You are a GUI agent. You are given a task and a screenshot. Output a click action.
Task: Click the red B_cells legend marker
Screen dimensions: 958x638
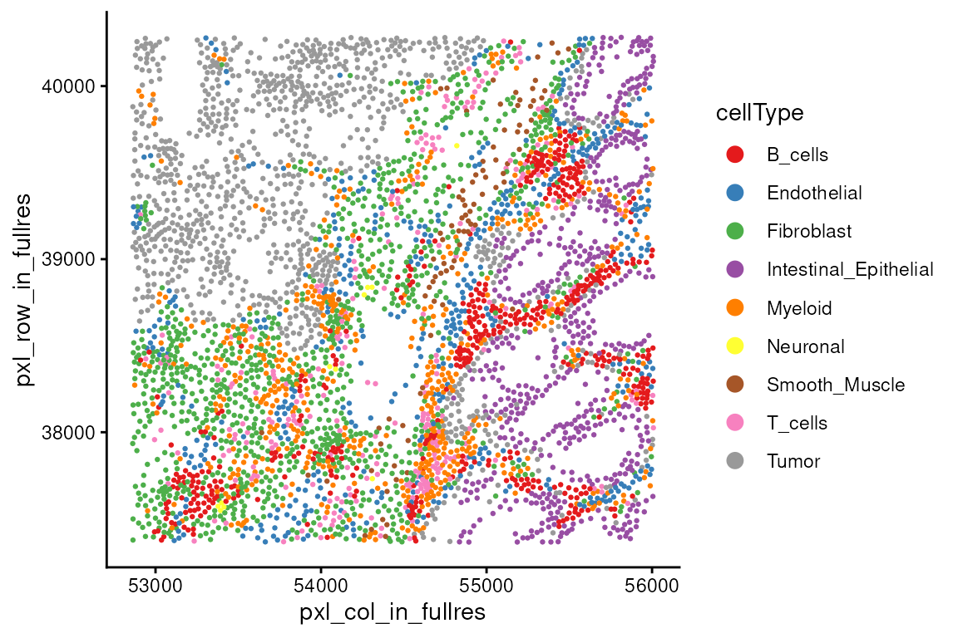click(735, 155)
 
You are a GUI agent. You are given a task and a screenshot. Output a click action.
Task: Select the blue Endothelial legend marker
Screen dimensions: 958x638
click(735, 193)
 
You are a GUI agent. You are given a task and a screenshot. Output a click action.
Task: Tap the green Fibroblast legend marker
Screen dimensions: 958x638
click(735, 231)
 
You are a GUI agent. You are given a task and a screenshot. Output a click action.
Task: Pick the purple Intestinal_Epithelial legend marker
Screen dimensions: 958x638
click(735, 269)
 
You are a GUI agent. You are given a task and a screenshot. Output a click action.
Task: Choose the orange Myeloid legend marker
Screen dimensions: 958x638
click(735, 307)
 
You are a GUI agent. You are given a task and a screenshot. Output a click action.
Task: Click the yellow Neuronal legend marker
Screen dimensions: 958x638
click(735, 346)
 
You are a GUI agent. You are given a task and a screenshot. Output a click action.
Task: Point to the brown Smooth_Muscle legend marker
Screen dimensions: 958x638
click(735, 385)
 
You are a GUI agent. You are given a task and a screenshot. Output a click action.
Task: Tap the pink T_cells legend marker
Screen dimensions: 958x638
click(735, 423)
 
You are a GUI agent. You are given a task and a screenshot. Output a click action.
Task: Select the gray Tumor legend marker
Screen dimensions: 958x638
click(735, 461)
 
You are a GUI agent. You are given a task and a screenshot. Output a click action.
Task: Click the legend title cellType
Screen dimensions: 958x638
click(759, 114)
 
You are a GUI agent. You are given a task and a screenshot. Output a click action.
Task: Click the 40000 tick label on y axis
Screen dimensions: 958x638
click(68, 86)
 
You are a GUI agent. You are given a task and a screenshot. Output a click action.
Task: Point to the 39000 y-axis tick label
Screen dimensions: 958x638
click(68, 259)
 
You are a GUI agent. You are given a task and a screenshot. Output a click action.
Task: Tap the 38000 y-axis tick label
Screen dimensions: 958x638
click(68, 432)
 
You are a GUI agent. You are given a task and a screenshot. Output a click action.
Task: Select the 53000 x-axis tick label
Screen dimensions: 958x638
click(156, 586)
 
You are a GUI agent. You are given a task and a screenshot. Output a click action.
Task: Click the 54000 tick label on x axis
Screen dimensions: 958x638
click(321, 586)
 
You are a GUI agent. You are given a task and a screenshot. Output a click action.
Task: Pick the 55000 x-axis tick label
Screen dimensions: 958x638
click(486, 586)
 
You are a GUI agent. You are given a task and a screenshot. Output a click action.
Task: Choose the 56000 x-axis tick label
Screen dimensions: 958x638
click(652, 586)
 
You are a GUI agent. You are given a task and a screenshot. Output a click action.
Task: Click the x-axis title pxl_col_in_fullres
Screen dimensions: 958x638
click(393, 612)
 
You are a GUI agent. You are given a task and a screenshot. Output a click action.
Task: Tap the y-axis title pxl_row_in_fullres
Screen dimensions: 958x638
click(23, 289)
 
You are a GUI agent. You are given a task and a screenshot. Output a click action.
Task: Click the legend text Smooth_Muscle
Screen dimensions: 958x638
click(836, 385)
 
